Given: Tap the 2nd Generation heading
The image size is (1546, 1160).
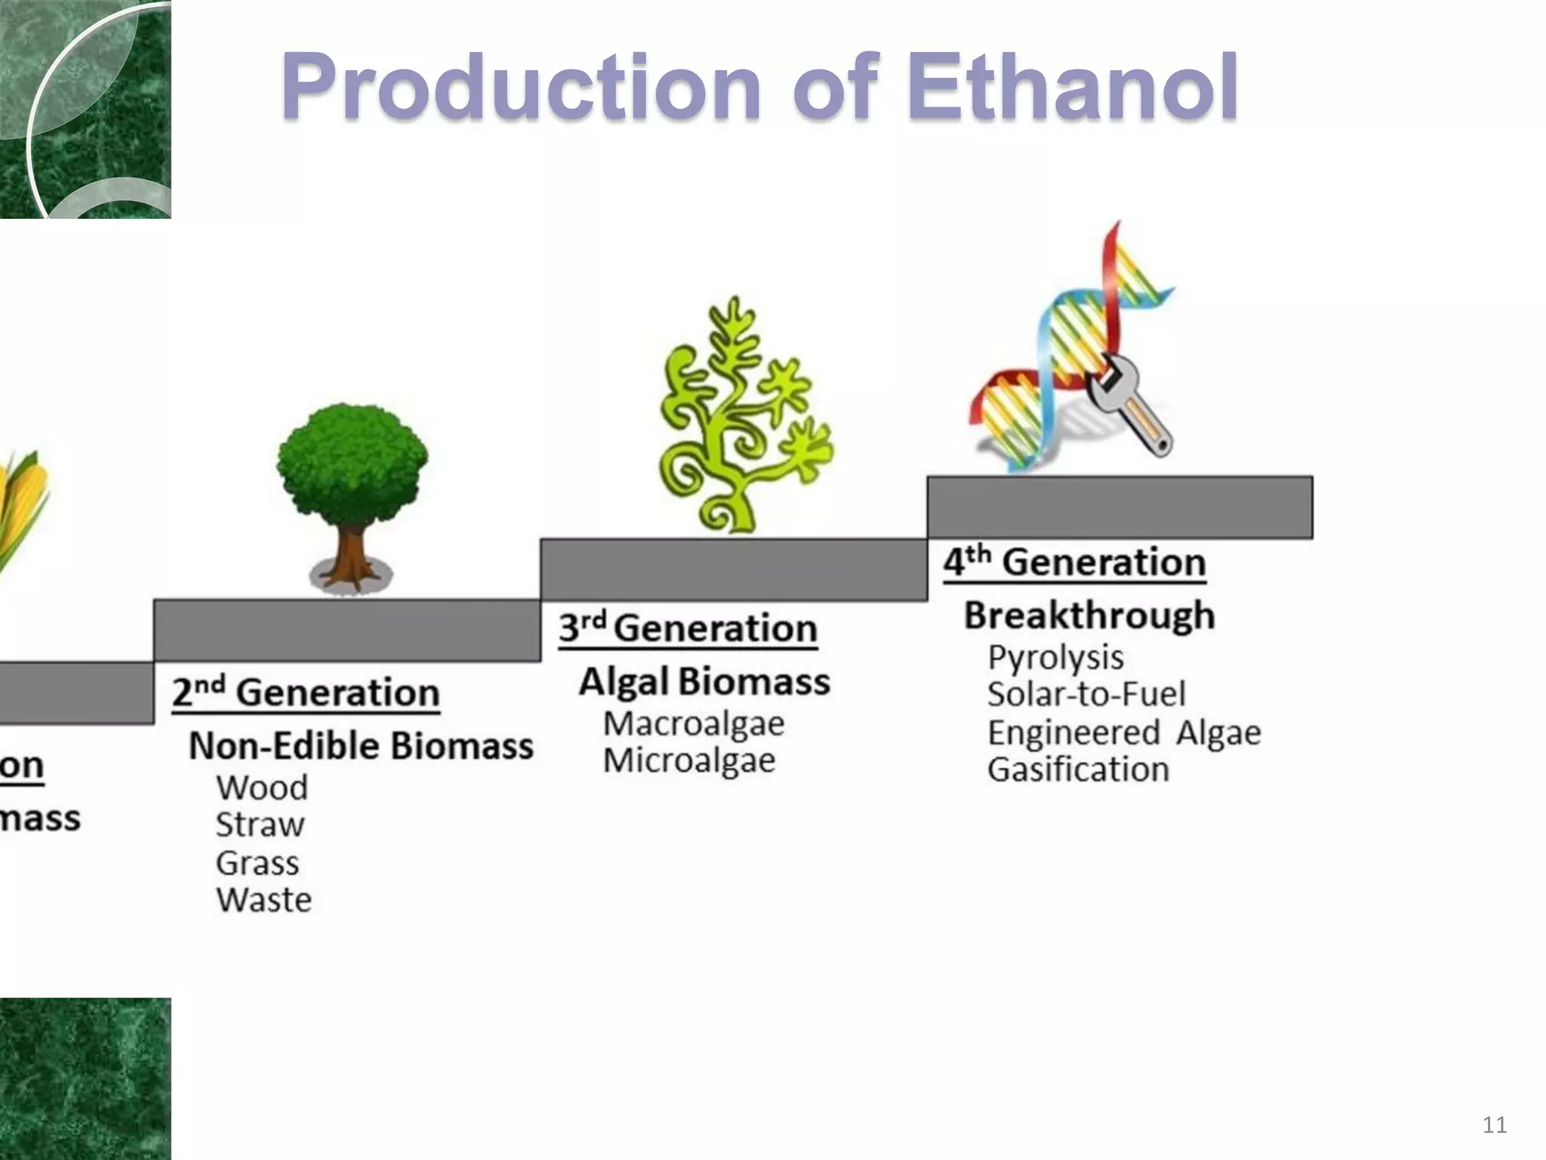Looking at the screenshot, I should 306,693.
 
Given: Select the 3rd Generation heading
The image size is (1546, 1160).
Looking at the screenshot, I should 688,628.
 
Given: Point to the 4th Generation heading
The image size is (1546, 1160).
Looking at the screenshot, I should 1074,563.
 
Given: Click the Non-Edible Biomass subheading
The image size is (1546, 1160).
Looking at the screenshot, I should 361,746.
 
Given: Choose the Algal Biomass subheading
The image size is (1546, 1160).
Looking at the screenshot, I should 704,682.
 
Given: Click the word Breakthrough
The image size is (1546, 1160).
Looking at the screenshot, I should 1089,615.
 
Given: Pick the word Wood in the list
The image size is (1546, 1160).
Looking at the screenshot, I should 262,788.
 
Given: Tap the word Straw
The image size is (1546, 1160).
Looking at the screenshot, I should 260,825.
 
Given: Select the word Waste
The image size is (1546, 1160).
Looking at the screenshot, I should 264,900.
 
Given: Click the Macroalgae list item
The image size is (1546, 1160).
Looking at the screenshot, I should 694,724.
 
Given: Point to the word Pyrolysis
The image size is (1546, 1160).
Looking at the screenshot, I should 1055,658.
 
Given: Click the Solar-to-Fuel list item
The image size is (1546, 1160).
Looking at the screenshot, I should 1086,695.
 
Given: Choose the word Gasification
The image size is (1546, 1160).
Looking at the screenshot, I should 1078,770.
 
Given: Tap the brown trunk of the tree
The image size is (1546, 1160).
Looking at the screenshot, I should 350,555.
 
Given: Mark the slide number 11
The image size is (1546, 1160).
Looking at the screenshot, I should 1495,1125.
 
